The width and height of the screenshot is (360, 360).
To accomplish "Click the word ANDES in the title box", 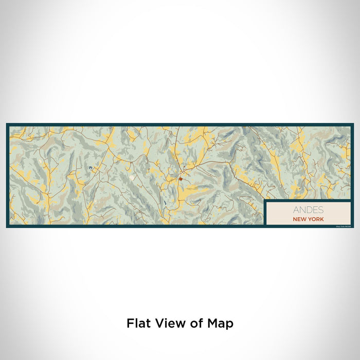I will [308, 210].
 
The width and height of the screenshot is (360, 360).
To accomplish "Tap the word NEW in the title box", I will [299, 219].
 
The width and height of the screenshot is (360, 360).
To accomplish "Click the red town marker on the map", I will [181, 179].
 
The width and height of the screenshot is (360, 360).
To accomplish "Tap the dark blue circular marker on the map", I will [91, 168].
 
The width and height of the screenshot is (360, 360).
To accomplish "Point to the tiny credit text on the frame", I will [342, 226].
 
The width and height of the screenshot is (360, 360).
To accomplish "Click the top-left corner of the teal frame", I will [7, 124].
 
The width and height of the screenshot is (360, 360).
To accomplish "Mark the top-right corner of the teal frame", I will [353, 124].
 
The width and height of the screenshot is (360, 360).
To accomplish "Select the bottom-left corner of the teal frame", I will [7, 227].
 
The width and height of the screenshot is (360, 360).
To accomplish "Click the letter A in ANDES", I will [296, 210].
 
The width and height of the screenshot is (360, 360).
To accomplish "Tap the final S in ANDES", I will [321, 210].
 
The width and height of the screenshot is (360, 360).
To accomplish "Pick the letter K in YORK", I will [322, 219].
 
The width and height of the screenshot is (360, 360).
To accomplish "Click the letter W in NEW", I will [304, 219].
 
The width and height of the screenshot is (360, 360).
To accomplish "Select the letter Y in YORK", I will [310, 219].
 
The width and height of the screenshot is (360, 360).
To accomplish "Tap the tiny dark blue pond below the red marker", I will [166, 204].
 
